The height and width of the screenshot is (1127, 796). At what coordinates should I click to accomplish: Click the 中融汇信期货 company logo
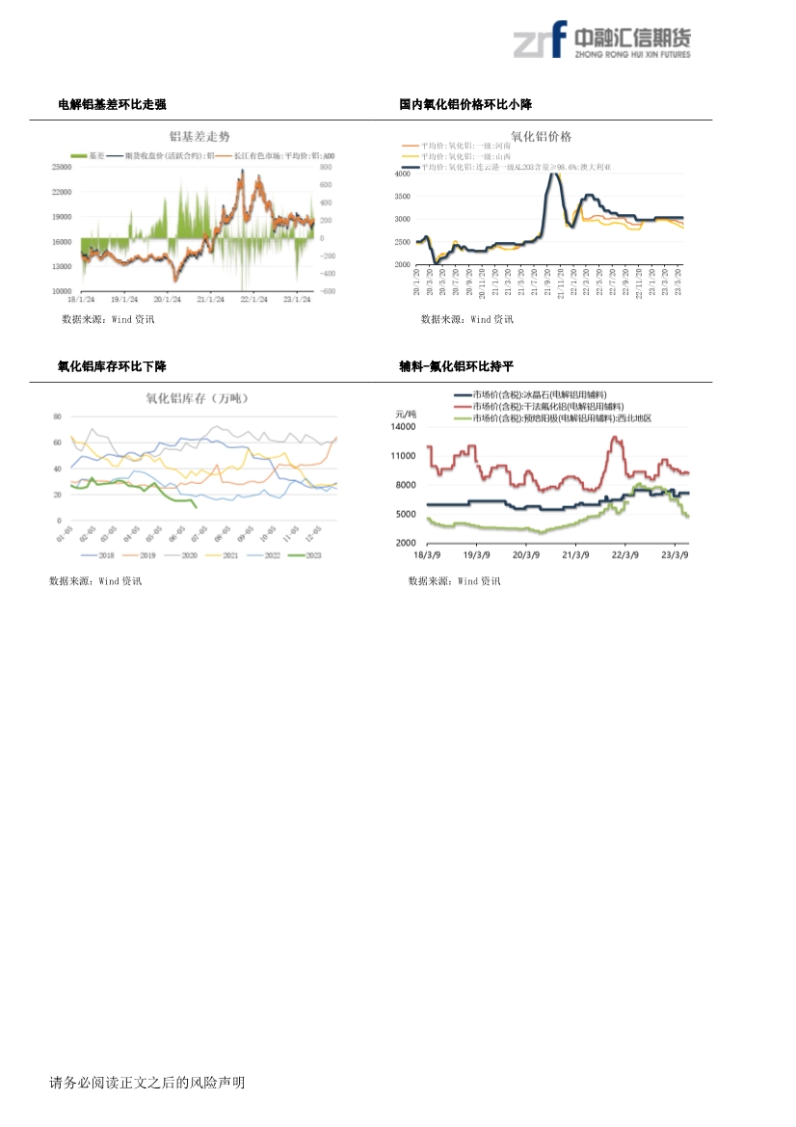[601, 41]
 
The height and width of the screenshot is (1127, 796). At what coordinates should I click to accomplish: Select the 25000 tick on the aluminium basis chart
[62, 167]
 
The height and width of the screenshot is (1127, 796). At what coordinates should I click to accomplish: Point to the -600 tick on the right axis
[328, 291]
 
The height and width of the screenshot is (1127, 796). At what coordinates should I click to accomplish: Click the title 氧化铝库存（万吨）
[193, 397]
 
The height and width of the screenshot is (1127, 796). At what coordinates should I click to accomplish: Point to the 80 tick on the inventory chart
[57, 416]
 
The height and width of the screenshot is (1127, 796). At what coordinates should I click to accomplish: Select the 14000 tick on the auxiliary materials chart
[403, 426]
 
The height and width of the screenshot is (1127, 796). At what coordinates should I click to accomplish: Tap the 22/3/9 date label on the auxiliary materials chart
[626, 555]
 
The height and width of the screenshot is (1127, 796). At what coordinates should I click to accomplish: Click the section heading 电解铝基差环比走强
[112, 104]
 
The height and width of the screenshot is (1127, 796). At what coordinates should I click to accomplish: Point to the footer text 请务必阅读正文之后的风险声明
[147, 1083]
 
